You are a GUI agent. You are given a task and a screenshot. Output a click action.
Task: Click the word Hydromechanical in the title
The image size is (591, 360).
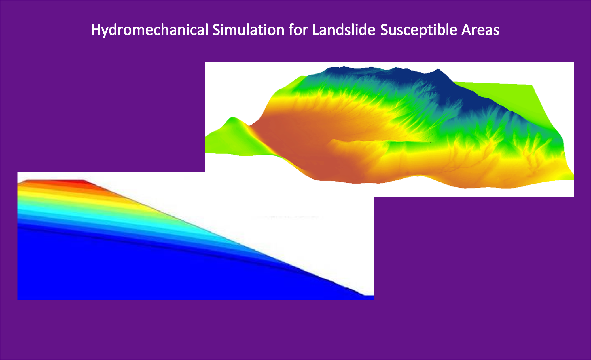pos(149,30)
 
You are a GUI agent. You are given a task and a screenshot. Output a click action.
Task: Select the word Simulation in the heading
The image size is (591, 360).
pos(248,30)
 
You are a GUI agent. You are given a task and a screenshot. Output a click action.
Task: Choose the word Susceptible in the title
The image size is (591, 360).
pos(418,30)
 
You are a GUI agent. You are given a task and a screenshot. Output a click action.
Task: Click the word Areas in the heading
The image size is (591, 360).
pos(480,30)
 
